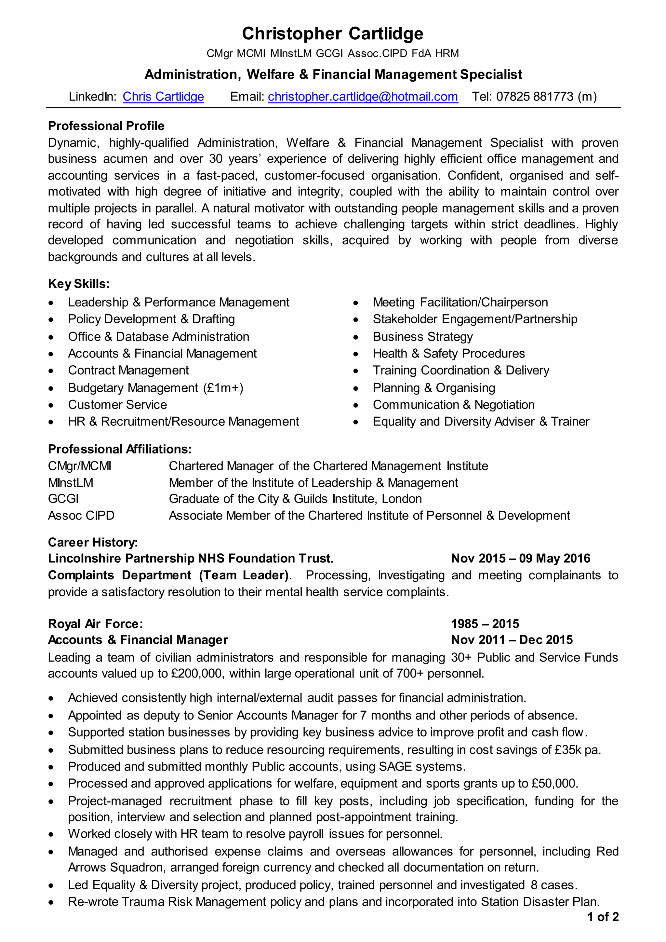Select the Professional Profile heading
[106, 126]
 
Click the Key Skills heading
[79, 284]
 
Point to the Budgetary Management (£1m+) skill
[155, 388]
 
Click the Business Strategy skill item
[422, 336]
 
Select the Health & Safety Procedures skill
[449, 353]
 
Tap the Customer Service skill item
[117, 405]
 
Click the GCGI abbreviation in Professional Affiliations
[63, 499]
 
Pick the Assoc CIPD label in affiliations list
[81, 515]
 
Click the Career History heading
[93, 542]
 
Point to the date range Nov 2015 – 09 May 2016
[520, 558]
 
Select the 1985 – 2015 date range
[485, 624]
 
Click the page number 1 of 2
[603, 917]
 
